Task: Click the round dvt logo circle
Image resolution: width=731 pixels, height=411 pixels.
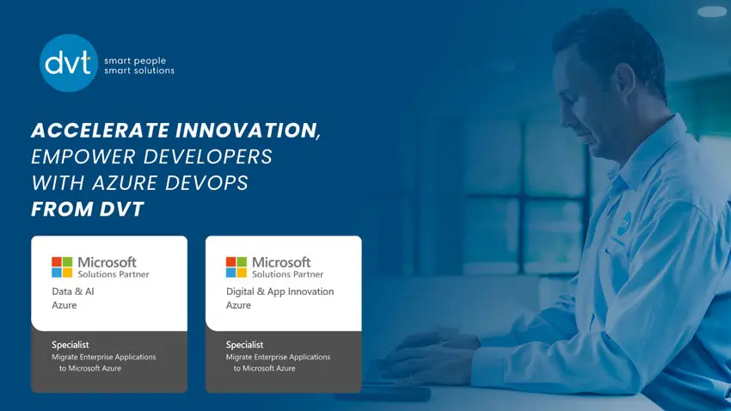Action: (x=69, y=63)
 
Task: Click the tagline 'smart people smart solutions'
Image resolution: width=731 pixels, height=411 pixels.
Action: (x=139, y=65)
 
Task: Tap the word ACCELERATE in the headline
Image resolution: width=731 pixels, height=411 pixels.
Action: (x=101, y=130)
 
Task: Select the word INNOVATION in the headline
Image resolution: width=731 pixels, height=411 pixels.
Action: (x=249, y=131)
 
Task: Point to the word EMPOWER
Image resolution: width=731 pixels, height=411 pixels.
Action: (x=83, y=156)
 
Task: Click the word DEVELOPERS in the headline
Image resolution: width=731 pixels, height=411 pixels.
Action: (x=208, y=156)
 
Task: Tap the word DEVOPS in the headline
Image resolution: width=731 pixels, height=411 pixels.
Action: (x=206, y=182)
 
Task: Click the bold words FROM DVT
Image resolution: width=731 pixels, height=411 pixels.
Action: (x=88, y=209)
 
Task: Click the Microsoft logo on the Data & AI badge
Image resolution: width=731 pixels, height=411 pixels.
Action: (x=62, y=267)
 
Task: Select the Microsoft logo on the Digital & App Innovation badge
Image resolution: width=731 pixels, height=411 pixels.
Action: (x=236, y=267)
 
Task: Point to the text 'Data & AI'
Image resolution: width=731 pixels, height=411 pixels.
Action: (x=73, y=291)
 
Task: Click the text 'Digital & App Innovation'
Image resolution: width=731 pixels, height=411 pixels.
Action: (x=279, y=291)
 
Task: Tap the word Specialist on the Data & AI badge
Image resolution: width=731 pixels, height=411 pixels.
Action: (x=70, y=345)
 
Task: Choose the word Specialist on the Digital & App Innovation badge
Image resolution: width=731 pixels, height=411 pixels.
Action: (x=244, y=345)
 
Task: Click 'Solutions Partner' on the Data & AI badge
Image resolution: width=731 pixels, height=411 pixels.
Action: (x=114, y=274)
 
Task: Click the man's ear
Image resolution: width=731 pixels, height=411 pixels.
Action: (x=625, y=81)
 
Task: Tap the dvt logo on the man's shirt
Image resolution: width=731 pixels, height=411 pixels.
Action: (x=624, y=224)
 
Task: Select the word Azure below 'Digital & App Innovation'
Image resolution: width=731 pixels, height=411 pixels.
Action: (x=238, y=305)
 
